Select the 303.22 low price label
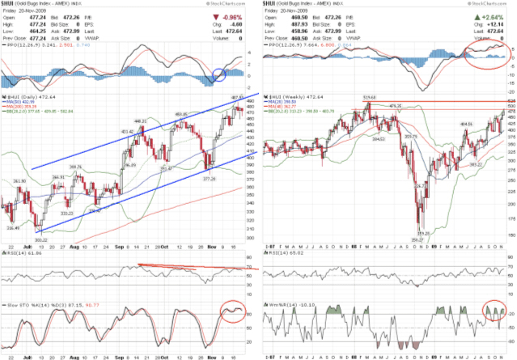(40, 239)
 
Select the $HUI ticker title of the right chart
(274, 5)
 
